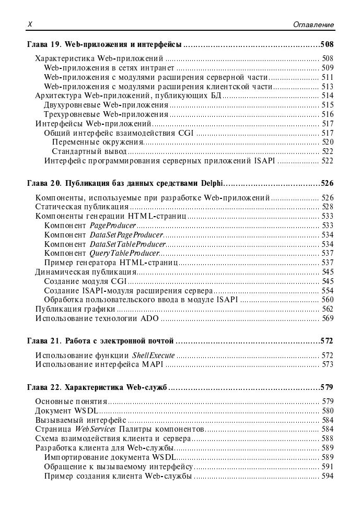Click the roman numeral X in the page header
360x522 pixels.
(30, 24)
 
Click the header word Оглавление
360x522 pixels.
(313, 25)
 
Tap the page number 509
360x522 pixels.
(327, 68)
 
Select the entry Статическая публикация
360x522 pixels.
(82, 207)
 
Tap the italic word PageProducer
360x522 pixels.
(113, 226)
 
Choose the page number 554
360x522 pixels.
(327, 291)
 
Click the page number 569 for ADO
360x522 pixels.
(327, 318)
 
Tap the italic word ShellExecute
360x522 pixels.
(154, 355)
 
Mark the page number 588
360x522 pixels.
(327, 439)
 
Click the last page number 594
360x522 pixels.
(327, 476)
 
